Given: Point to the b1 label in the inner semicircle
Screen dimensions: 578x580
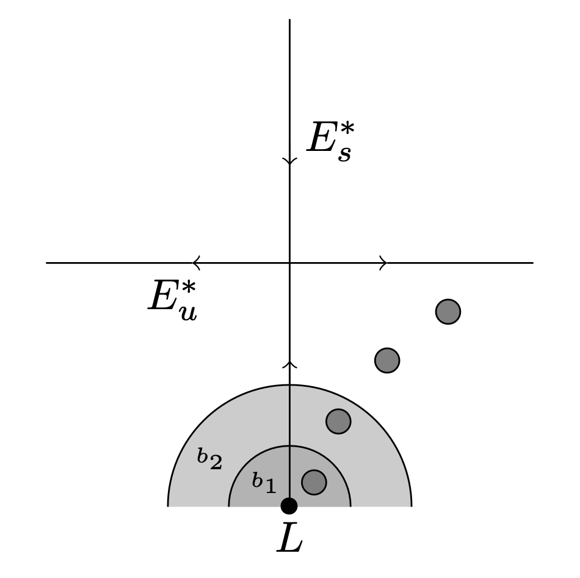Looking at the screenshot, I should click(264, 483).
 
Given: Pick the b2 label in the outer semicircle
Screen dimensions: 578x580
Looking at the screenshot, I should click(209, 459).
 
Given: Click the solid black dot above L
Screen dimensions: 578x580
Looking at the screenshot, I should click(289, 506).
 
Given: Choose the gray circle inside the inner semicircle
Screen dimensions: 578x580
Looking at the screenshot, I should click(314, 482).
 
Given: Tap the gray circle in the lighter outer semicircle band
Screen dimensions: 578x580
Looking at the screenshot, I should click(338, 421).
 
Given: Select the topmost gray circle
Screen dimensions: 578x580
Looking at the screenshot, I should click(448, 312).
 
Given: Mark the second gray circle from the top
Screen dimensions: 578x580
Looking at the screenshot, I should click(387, 360).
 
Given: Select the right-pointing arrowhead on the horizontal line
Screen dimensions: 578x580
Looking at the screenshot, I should click(383, 263).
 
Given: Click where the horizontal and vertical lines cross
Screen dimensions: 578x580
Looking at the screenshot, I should click(289, 263).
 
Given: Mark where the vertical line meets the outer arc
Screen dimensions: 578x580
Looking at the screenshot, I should click(289, 385).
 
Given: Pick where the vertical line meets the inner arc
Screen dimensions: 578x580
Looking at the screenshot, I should click(289, 445).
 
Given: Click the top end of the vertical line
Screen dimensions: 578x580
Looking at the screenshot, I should click(289, 20).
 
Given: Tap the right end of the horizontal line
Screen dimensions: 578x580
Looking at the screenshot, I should click(532, 263).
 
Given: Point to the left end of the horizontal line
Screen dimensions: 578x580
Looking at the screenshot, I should click(47, 263).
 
